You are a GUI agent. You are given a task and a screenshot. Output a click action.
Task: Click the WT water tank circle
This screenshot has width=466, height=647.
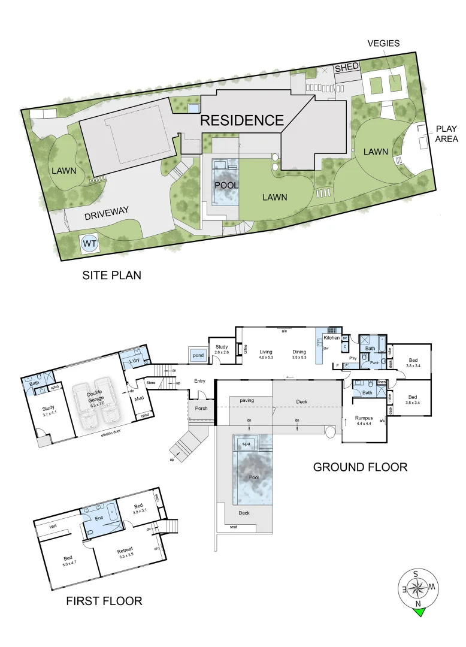point(89,244)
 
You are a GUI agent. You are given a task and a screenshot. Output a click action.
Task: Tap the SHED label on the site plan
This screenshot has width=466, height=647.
point(346,69)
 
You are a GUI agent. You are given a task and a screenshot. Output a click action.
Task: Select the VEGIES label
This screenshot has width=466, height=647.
point(384,43)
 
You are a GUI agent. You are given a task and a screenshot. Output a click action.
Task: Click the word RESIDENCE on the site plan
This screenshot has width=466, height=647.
point(241,120)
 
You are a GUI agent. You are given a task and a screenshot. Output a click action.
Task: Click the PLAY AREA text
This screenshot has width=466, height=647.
point(446,134)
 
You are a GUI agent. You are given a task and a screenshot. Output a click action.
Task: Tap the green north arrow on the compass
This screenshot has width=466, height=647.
point(419,611)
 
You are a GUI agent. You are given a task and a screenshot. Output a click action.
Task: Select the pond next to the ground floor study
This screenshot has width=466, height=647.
point(197,355)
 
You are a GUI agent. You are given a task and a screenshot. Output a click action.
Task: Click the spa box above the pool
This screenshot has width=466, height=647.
point(246,444)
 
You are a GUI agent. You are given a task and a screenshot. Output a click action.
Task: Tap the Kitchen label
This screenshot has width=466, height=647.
point(331,338)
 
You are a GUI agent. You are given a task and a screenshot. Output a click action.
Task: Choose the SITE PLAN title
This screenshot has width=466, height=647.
point(111,275)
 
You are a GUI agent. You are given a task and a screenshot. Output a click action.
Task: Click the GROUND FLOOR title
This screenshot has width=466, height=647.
point(360,467)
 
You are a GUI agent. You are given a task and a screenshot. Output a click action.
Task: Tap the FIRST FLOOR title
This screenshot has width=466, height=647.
point(104,600)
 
